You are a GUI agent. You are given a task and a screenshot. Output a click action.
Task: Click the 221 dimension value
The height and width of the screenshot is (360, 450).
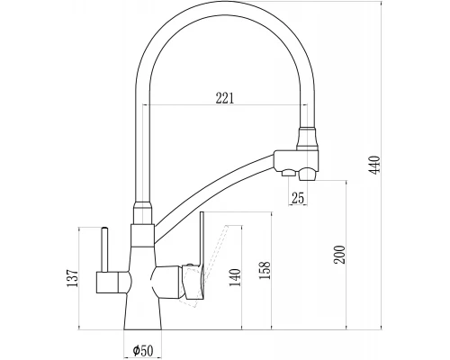[x=224, y=98]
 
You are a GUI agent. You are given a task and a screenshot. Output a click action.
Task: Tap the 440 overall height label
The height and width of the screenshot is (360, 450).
[x=374, y=165]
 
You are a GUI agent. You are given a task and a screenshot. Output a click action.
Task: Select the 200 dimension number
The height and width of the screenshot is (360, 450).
[x=340, y=255]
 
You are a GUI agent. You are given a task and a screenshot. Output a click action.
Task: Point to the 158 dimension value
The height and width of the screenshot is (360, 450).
[x=265, y=270]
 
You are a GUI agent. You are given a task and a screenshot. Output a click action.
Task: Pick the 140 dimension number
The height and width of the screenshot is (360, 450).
[x=235, y=277]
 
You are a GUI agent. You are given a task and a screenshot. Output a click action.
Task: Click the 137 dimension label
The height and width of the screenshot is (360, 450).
[x=72, y=278]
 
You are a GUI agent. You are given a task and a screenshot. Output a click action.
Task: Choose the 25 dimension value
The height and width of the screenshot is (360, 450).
[x=298, y=198]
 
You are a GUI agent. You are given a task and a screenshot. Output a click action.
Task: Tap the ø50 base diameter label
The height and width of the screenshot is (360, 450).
[x=143, y=349]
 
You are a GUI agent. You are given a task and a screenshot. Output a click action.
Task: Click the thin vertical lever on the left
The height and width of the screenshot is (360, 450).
[x=105, y=249]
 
